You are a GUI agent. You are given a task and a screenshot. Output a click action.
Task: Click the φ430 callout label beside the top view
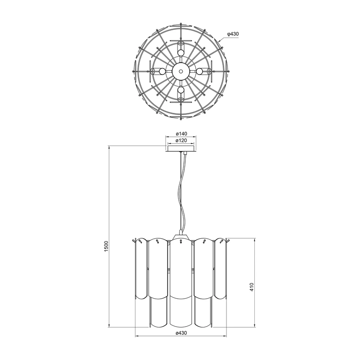tap(233, 34)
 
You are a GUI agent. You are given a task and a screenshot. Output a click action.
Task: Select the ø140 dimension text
tap(182, 134)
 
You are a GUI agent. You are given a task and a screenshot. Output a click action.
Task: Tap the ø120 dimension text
tap(182, 140)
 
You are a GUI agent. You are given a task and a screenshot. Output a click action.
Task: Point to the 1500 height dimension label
tap(106, 247)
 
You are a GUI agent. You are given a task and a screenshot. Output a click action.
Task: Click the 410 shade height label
tap(252, 287)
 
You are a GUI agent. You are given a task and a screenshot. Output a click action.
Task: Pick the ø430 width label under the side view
tap(181, 333)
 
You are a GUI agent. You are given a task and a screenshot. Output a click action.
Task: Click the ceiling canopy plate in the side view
tap(181, 148)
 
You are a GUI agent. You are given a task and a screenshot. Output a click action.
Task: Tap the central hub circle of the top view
tap(181, 71)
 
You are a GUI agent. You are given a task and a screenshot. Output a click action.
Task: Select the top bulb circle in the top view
tap(181, 53)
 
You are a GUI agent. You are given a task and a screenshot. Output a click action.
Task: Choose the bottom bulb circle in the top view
tap(181, 90)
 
